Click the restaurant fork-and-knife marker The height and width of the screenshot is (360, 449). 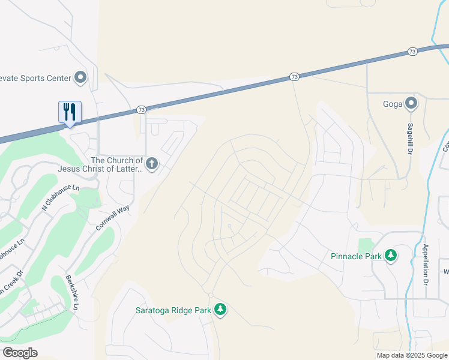(x=70, y=112)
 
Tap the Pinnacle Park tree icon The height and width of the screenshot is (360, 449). (x=391, y=256)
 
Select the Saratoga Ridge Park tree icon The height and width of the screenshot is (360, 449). (x=221, y=310)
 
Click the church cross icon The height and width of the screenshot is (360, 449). (x=152, y=163)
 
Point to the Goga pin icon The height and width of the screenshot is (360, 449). (x=411, y=103)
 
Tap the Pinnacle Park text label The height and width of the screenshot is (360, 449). (x=357, y=256)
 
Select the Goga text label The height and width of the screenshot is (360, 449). (x=393, y=103)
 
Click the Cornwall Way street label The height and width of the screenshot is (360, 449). (x=112, y=218)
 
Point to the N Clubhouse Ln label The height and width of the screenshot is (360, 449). (x=61, y=198)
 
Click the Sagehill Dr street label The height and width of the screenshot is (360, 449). (x=411, y=139)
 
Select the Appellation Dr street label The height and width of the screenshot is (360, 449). (x=425, y=264)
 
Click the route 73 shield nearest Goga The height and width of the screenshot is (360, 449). (x=412, y=52)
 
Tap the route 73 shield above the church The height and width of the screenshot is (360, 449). (x=141, y=110)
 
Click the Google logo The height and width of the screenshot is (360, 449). (x=20, y=352)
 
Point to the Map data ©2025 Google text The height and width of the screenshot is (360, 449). (x=411, y=355)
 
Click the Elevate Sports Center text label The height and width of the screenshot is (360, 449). (x=35, y=77)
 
